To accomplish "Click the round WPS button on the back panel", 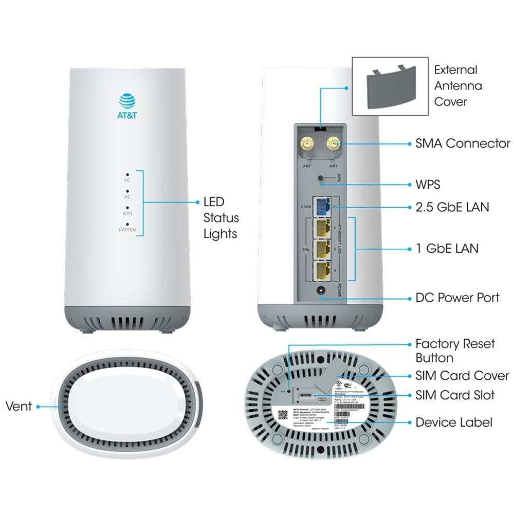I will coord(322,179).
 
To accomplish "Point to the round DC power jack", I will coord(322,292).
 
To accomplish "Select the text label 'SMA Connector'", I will coord(463,143).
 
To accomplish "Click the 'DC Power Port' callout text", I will coord(457,298).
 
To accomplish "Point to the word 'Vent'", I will coord(19,406).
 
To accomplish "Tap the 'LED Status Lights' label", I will coord(220,218).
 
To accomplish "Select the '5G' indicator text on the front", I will coord(126,180).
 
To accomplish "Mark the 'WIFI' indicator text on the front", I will coord(126,213).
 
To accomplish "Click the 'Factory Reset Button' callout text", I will coord(455,351).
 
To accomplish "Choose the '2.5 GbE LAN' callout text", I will coord(452,207).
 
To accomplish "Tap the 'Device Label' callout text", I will coord(454,423).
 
